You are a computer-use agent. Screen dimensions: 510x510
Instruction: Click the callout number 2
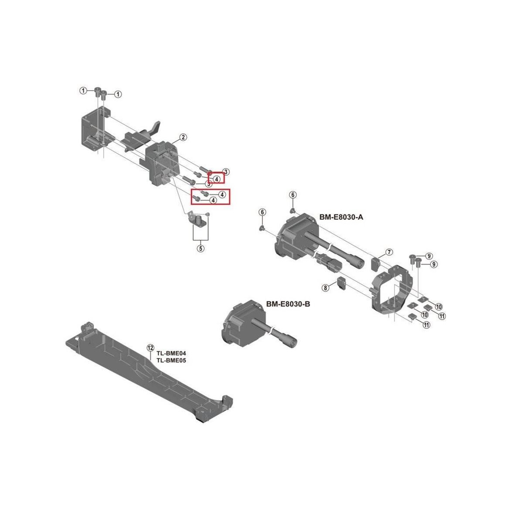pyautogui.click(x=183, y=137)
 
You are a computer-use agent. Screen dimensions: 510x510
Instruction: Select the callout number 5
pyautogui.click(x=201, y=249)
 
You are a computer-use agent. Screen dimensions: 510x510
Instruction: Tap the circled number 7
pyautogui.click(x=389, y=252)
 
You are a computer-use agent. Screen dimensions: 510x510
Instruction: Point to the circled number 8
pyautogui.click(x=325, y=287)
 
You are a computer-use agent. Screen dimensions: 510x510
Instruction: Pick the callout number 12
pyautogui.click(x=150, y=347)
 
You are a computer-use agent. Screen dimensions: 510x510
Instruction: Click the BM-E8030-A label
pyautogui.click(x=341, y=217)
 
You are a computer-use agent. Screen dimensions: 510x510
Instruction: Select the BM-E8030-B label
pyautogui.click(x=288, y=303)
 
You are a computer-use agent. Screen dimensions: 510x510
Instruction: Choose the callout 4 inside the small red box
pyautogui.click(x=217, y=178)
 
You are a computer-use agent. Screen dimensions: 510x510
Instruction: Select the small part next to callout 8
pyautogui.click(x=340, y=284)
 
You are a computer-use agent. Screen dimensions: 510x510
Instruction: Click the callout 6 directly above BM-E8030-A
pyautogui.click(x=292, y=194)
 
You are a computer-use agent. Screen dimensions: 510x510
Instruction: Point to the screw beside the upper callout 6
pyautogui.click(x=293, y=210)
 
